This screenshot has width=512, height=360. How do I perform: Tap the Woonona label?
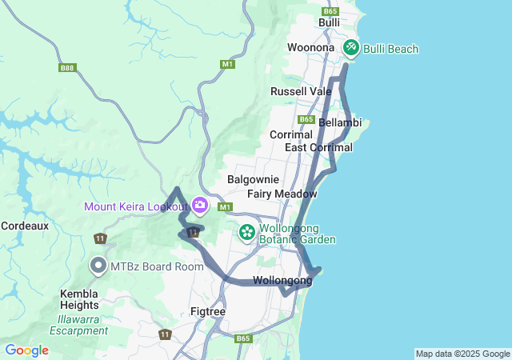tap(311, 48)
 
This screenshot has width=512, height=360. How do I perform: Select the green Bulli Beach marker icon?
tap(350, 49)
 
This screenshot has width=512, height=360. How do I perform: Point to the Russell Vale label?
tap(301, 91)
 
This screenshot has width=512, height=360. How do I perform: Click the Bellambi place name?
tap(340, 122)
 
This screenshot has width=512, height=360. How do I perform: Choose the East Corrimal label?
tap(313, 148)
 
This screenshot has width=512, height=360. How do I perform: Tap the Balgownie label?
tap(253, 179)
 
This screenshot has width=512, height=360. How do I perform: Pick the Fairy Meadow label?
tap(282, 194)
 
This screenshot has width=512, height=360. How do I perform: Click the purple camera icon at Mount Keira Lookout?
tap(199, 206)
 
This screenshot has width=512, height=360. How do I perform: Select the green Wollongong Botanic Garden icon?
tap(247, 233)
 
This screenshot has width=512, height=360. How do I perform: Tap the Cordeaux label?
tap(25, 226)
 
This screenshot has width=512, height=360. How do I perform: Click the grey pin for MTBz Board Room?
tap(98, 265)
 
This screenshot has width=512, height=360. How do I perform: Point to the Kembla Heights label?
tap(79, 298)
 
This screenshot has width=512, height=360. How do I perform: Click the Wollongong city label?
tap(282, 281)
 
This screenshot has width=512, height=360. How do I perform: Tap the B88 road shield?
tap(67, 68)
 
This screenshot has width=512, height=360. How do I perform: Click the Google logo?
tap(26, 350)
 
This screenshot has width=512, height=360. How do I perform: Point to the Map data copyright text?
tap(462, 354)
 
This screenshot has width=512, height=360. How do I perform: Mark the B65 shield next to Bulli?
tap(330, 11)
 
